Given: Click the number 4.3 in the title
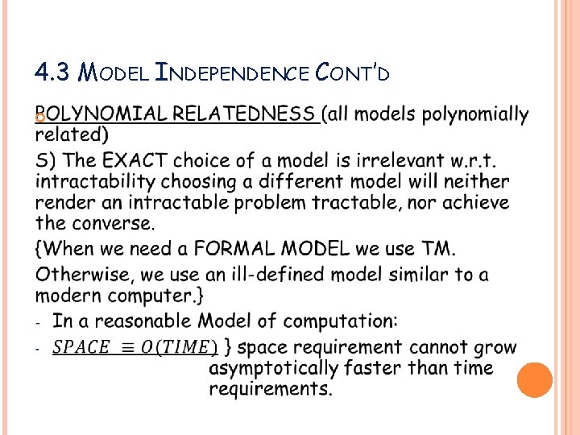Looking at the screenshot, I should (x=52, y=72).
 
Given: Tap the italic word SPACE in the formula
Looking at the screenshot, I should (x=81, y=348).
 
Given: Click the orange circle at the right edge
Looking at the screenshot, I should (x=535, y=379).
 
